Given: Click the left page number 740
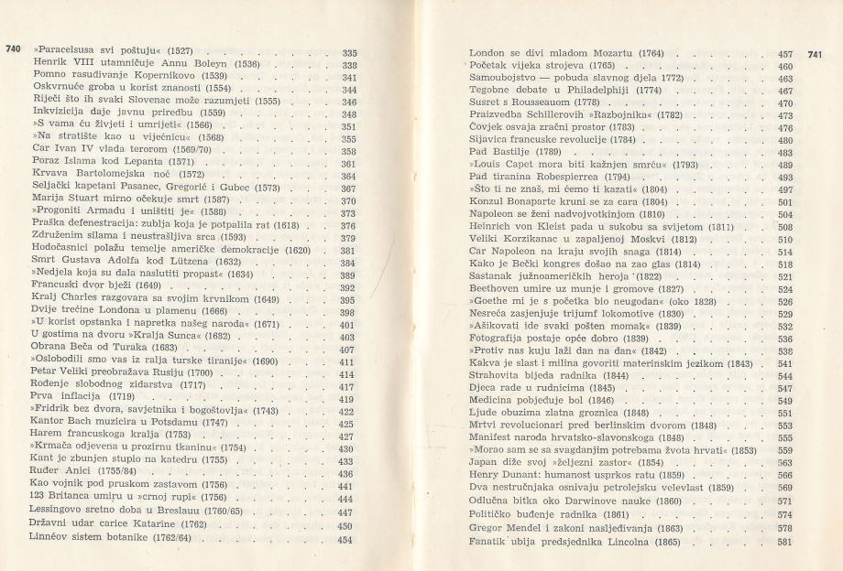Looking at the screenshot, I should tap(14, 48).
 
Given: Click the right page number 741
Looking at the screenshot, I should tap(817, 54).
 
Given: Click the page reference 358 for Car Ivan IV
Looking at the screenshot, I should tap(348, 151).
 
